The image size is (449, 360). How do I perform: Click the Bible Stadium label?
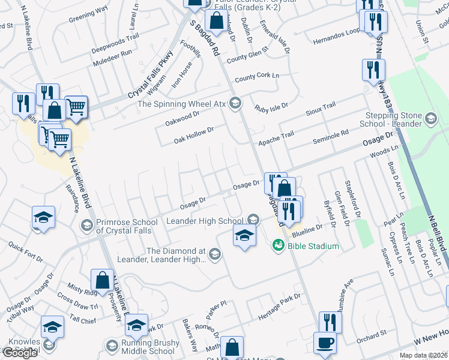[313, 245]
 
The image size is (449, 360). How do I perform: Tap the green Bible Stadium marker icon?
[278, 245]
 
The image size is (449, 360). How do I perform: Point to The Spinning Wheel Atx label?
[181, 103]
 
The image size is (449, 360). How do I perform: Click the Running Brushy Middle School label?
[148, 347]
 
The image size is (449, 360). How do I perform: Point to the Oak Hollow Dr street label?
[194, 134]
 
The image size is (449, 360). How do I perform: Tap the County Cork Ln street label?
[257, 77]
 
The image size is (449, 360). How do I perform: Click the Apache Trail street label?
[276, 139]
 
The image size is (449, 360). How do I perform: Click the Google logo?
[19, 352]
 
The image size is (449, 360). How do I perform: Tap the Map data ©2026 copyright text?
[424, 356]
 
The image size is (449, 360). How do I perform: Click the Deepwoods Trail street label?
[115, 40]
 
